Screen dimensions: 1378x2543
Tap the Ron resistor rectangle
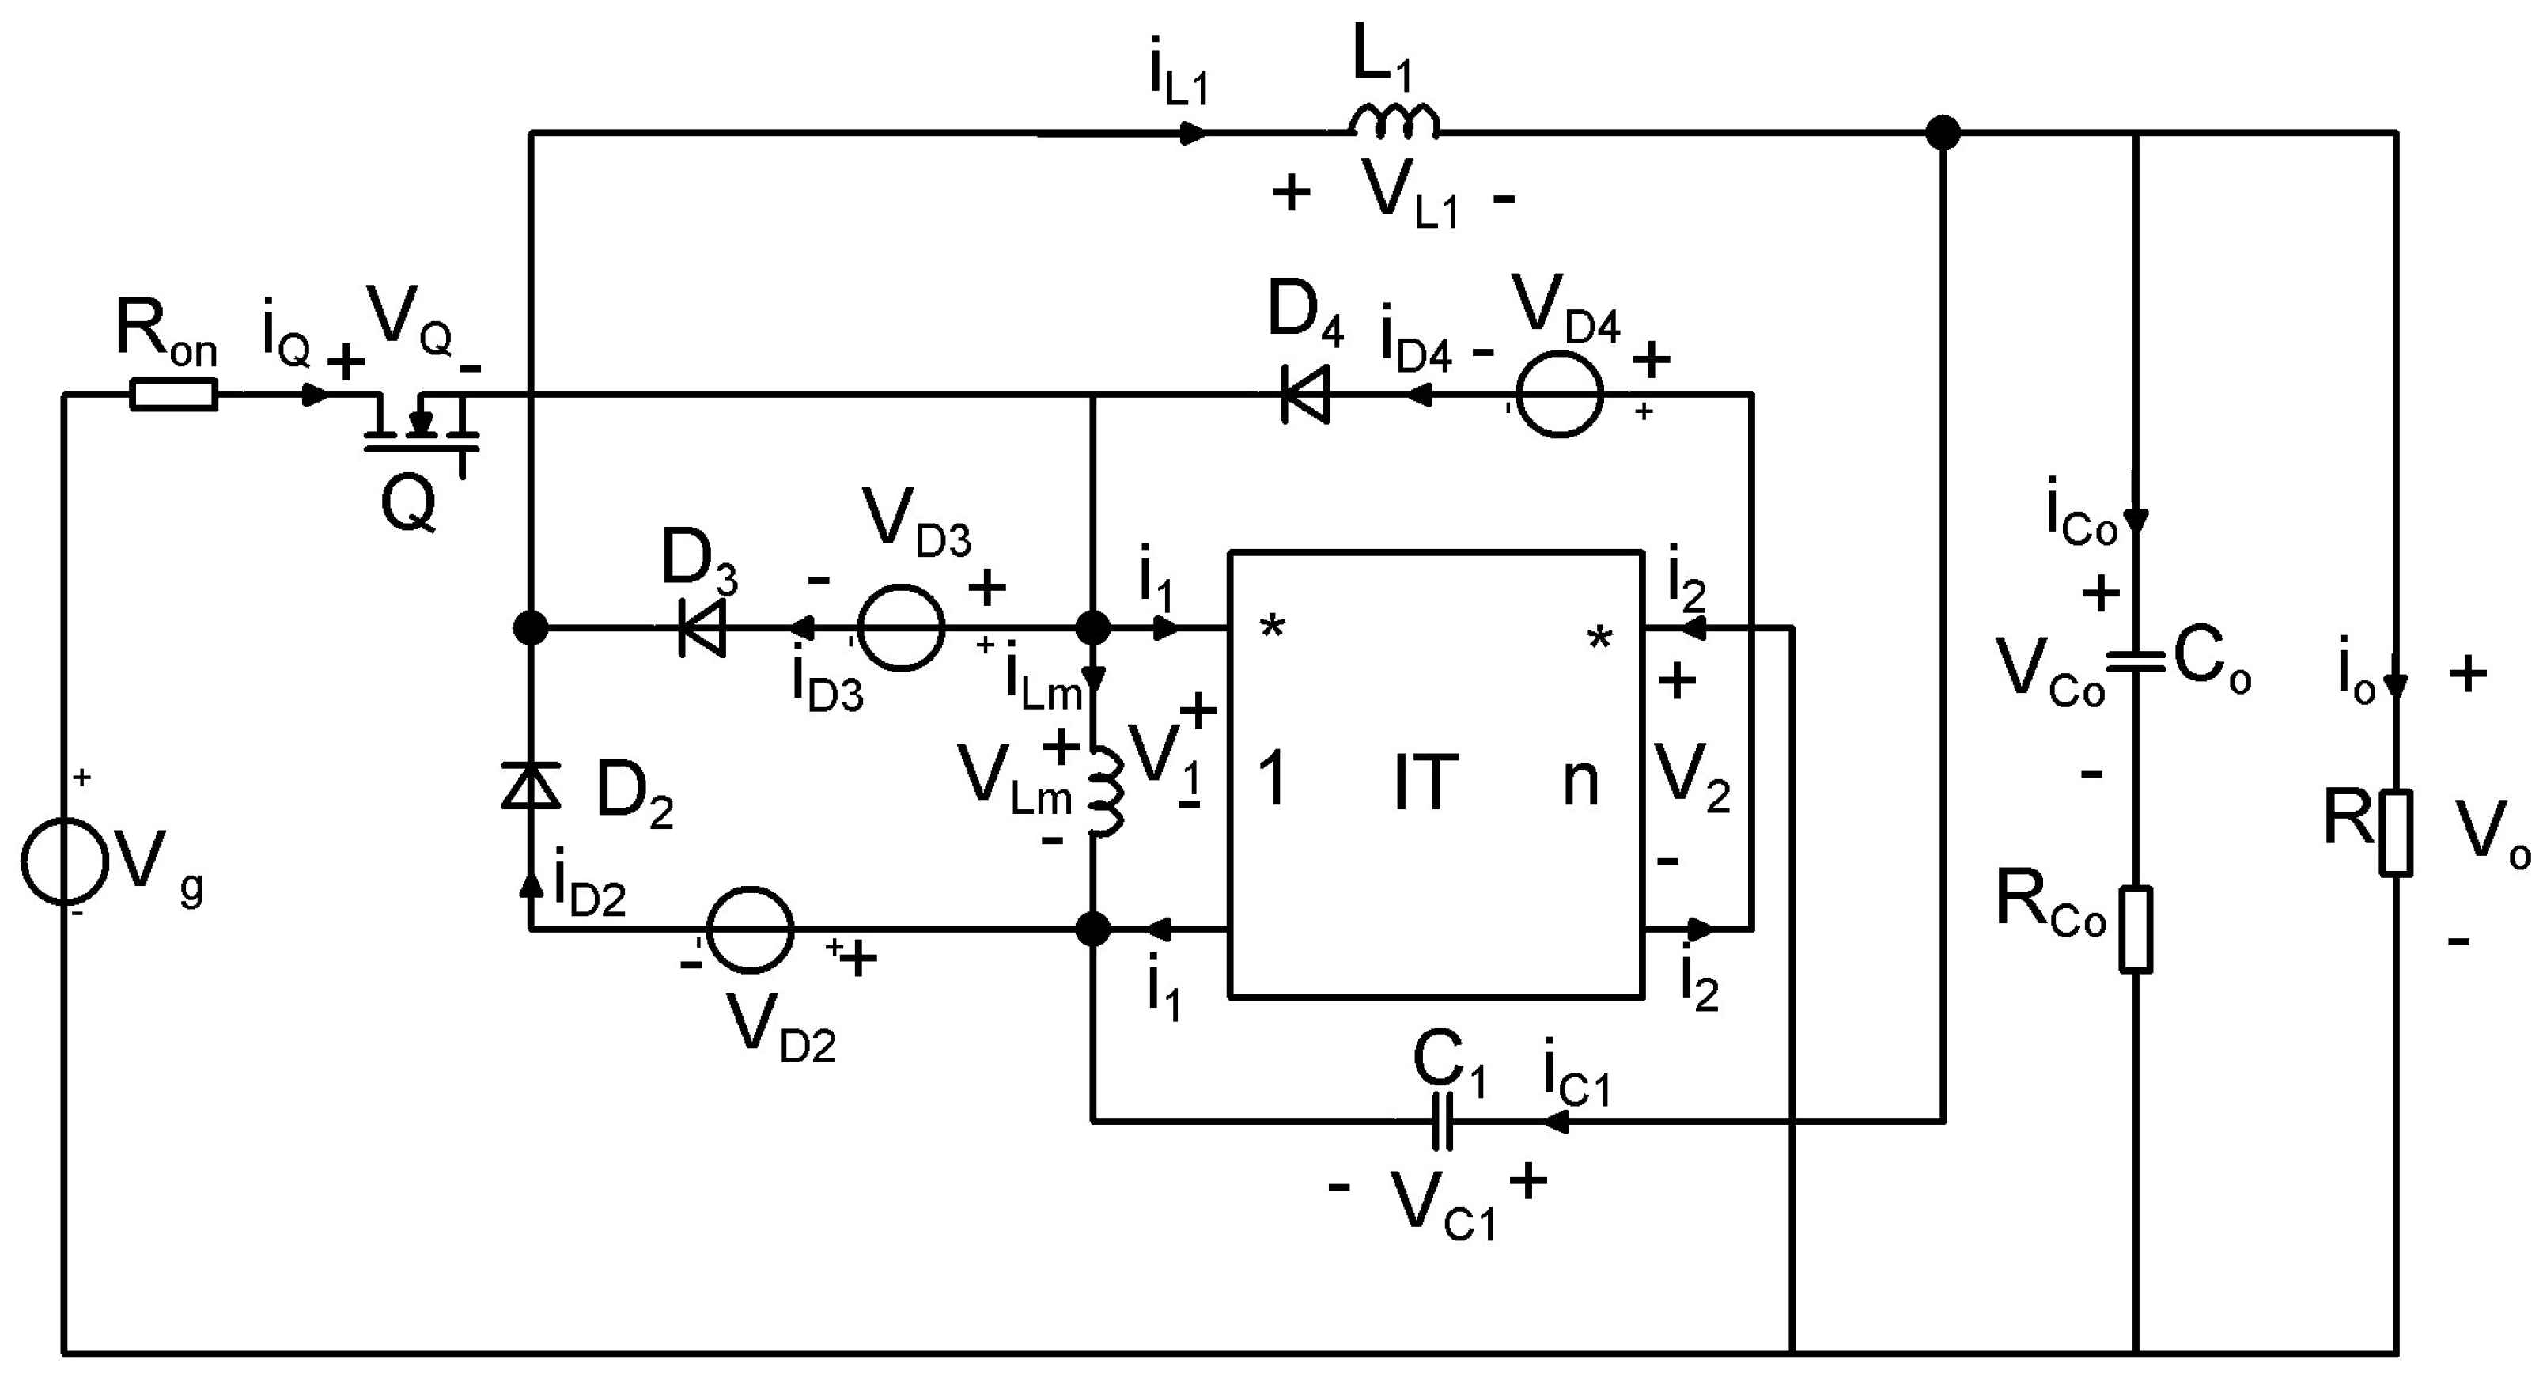point(174,396)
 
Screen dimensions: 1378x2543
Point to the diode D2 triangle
point(531,787)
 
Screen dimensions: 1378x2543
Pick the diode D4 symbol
point(1305,395)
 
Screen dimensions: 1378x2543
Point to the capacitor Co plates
point(2136,662)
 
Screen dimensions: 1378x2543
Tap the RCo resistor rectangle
point(2136,929)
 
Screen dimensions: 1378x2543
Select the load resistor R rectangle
point(2396,832)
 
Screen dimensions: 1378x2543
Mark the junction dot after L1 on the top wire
point(1943,132)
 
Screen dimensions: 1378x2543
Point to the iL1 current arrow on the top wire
point(1193,132)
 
